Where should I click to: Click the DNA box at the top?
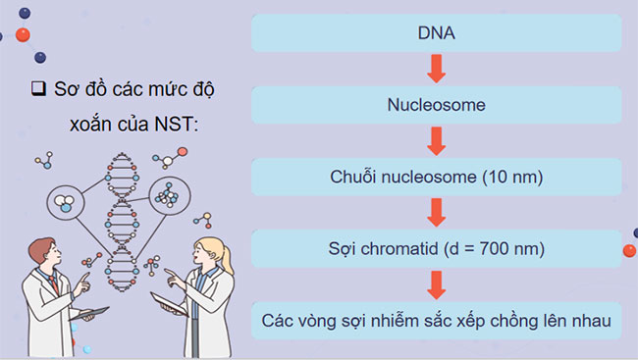point(437,34)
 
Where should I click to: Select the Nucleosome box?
point(437,105)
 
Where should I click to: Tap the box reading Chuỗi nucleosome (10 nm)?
point(437,178)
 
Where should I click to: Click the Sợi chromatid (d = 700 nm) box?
point(437,248)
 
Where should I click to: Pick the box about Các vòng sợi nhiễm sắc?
point(437,320)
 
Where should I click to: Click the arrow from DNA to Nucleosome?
point(437,70)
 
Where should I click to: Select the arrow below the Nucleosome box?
point(437,141)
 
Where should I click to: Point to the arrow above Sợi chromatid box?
point(437,213)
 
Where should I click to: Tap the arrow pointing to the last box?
point(437,284)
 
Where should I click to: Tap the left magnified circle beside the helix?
point(66,202)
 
